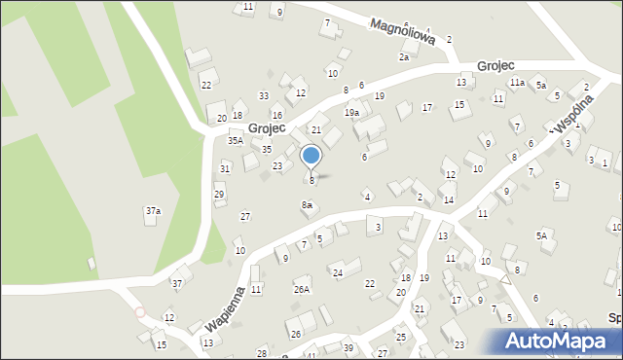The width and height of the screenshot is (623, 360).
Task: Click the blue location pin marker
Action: (311, 156)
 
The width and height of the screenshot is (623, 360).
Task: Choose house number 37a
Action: (153, 210)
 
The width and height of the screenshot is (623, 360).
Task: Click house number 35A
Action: (236, 141)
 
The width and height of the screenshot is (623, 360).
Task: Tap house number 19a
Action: (351, 113)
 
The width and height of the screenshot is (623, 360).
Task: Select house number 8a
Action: (307, 205)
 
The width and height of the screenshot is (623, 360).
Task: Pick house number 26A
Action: (302, 289)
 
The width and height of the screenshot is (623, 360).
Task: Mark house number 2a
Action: (403, 57)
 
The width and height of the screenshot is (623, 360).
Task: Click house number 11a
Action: (517, 84)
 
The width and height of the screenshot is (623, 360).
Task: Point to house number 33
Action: (264, 95)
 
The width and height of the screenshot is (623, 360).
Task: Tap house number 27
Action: (245, 216)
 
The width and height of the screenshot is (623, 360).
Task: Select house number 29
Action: (219, 195)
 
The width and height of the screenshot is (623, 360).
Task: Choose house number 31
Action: (225, 168)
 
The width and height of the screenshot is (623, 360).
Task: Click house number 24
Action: (338, 272)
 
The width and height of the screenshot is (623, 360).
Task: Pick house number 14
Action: (448, 200)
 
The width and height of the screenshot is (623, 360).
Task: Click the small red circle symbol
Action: (139, 312)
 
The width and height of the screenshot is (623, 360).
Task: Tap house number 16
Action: (277, 116)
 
